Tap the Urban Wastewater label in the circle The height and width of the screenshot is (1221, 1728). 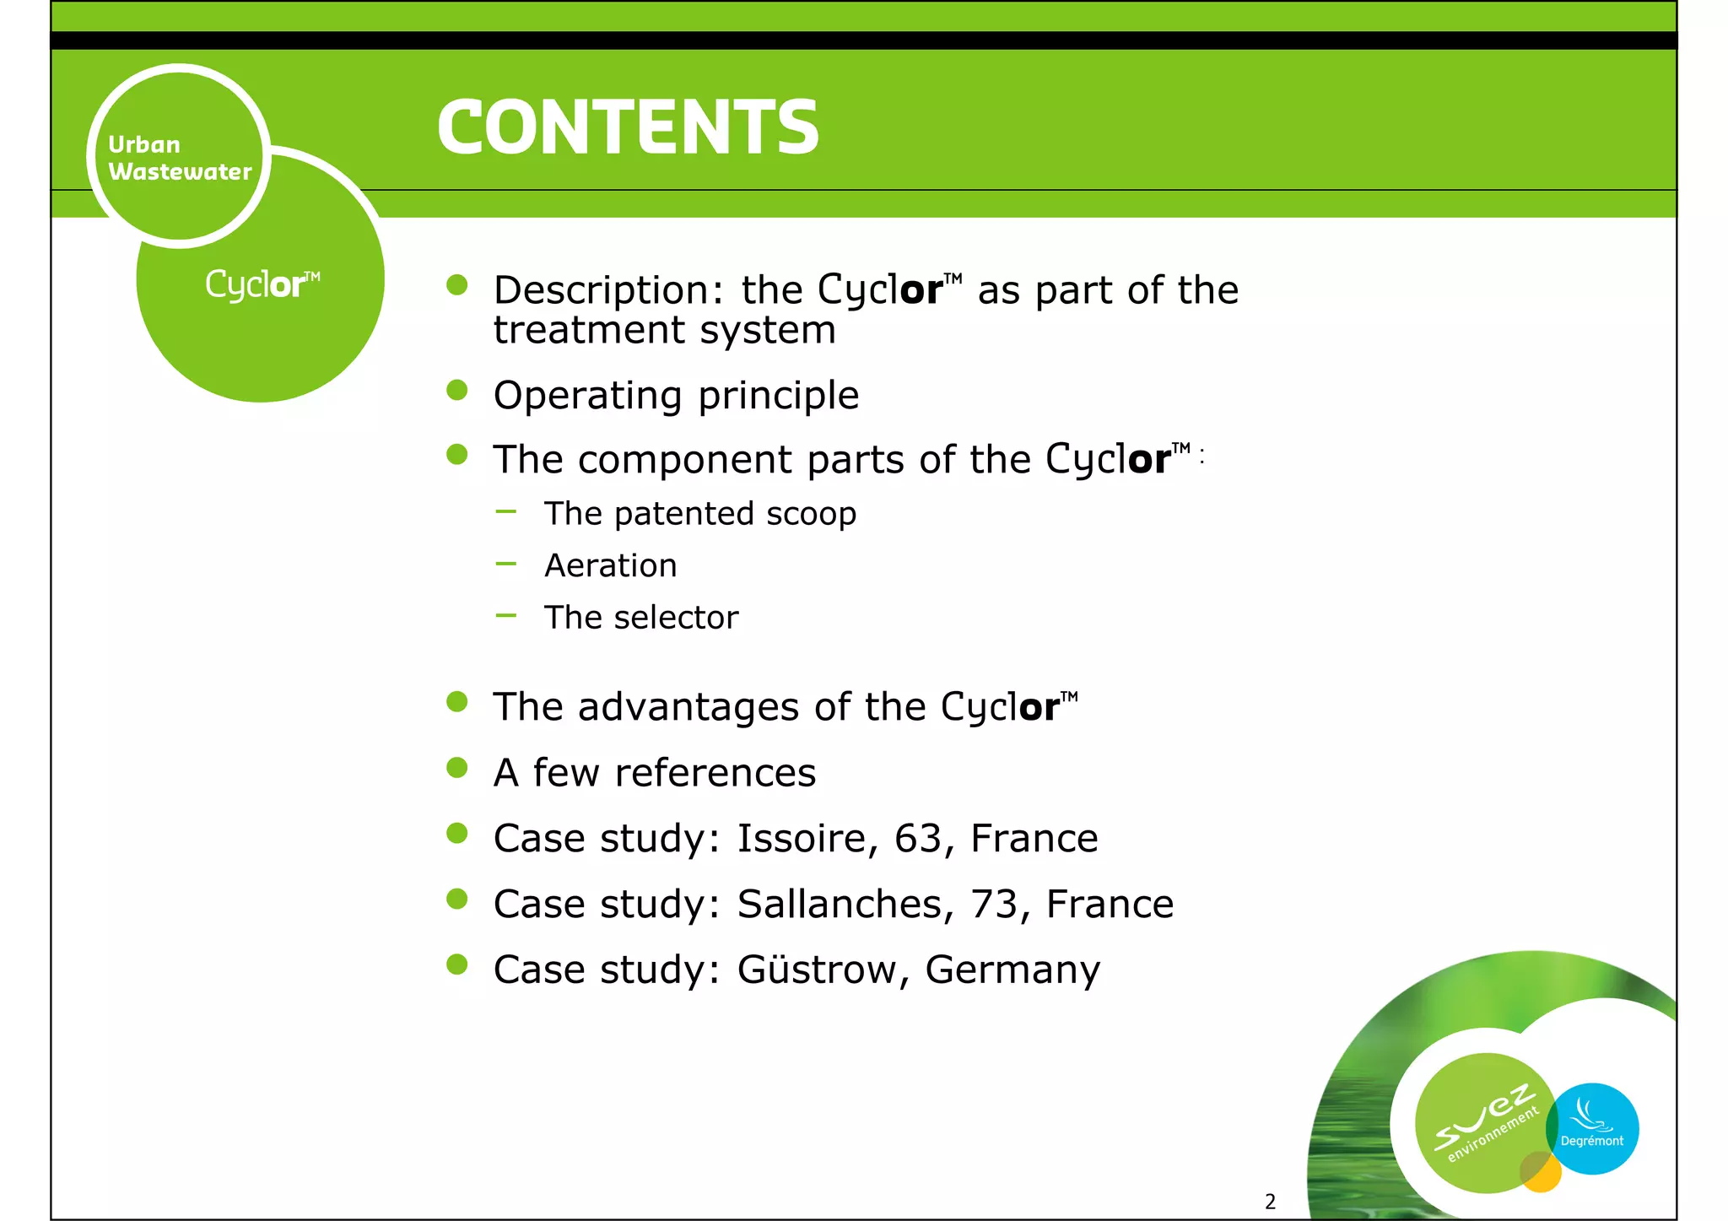180,158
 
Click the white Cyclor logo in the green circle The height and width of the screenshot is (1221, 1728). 262,284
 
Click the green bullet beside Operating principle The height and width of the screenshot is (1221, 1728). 457,391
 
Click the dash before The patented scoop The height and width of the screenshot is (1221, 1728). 506,511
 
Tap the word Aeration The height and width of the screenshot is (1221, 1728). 611,565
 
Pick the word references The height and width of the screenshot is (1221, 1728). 715,772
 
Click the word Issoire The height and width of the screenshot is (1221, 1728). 802,838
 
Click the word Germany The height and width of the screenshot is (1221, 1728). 1012,970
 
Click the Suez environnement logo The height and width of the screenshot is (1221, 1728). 1485,1122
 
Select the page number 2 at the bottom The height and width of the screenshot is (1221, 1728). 1270,1202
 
